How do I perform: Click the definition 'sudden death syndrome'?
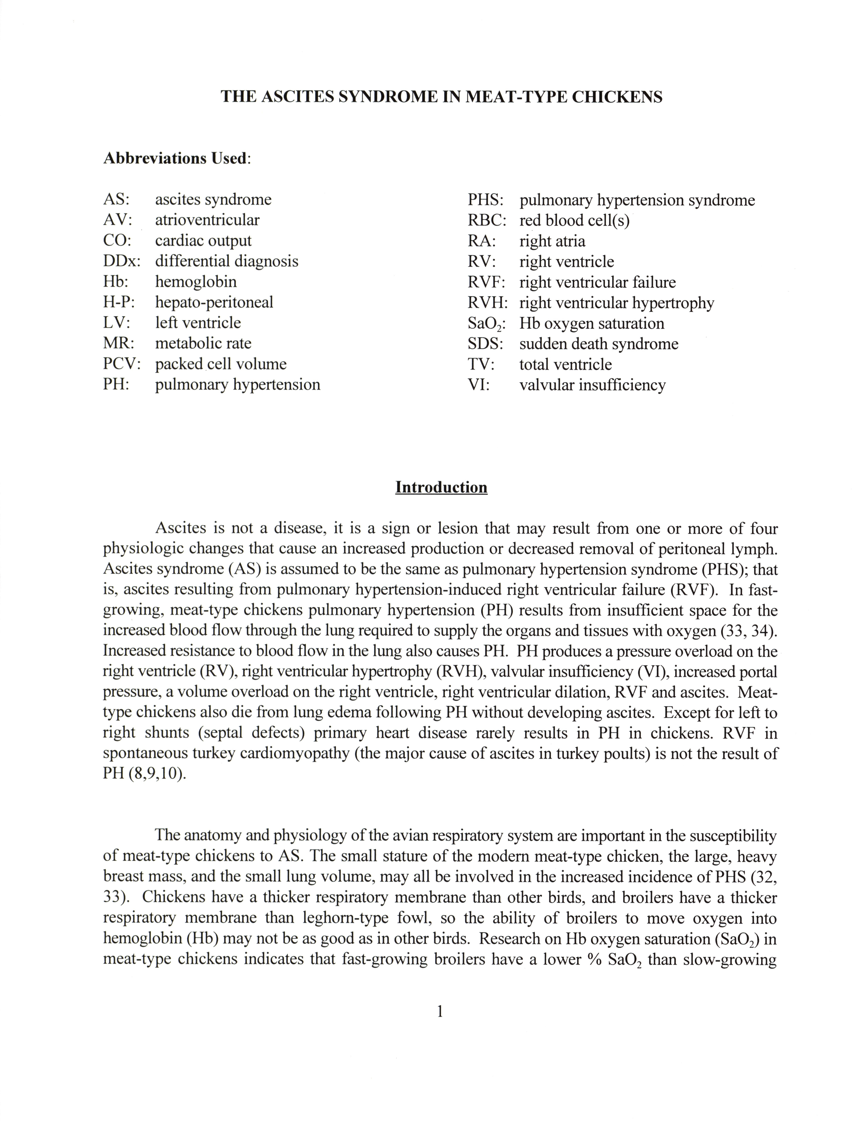coord(599,344)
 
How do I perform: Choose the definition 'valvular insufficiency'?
coord(592,385)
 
